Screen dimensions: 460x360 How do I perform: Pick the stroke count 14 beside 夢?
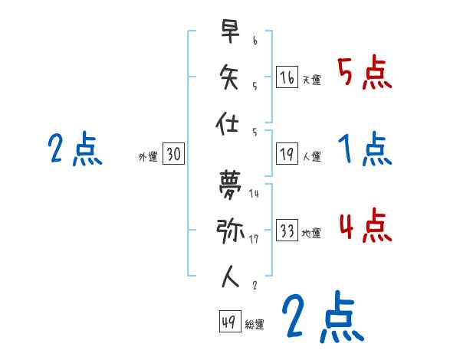pyautogui.click(x=255, y=193)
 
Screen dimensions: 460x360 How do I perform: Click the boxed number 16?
pyautogui.click(x=287, y=77)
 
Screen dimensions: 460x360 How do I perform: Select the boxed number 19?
pyautogui.click(x=287, y=154)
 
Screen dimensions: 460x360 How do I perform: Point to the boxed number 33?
pyautogui.click(x=287, y=231)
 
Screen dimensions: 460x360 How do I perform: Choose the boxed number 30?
pyautogui.click(x=173, y=154)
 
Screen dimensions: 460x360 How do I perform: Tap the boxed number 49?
pyautogui.click(x=228, y=322)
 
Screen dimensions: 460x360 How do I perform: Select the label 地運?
pyautogui.click(x=311, y=234)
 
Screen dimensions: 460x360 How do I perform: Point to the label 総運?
pyautogui.click(x=254, y=325)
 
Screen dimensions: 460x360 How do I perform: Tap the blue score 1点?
pyautogui.click(x=365, y=150)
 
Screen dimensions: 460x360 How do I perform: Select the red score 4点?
pyautogui.click(x=365, y=227)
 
